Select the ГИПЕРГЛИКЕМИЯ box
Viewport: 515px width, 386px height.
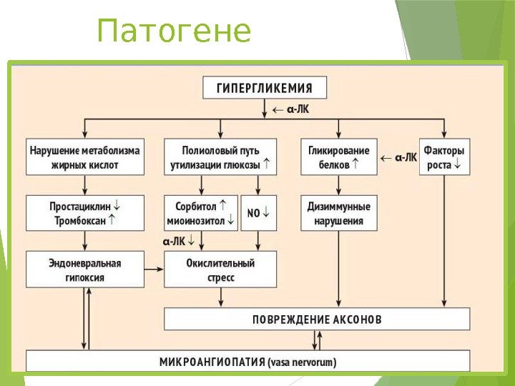click(x=265, y=88)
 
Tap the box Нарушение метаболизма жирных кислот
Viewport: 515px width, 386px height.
click(x=84, y=157)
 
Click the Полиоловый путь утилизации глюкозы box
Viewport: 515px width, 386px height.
click(x=220, y=157)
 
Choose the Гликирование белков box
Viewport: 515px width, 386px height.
click(x=338, y=157)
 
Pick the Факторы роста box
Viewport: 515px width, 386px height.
click(x=444, y=157)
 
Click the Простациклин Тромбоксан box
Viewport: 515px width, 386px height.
click(x=84, y=213)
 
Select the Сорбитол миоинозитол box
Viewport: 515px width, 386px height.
click(x=200, y=213)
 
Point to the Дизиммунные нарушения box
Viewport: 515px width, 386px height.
click(x=338, y=213)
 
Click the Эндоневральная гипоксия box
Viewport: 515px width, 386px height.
click(x=84, y=269)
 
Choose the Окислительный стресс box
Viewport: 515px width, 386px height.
click(x=220, y=269)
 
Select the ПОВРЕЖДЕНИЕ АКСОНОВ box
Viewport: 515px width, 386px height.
click(x=317, y=319)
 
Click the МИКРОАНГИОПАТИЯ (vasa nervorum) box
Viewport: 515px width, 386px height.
click(x=247, y=362)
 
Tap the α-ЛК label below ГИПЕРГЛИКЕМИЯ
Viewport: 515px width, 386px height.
click(x=298, y=110)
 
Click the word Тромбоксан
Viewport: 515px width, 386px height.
click(x=79, y=221)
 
